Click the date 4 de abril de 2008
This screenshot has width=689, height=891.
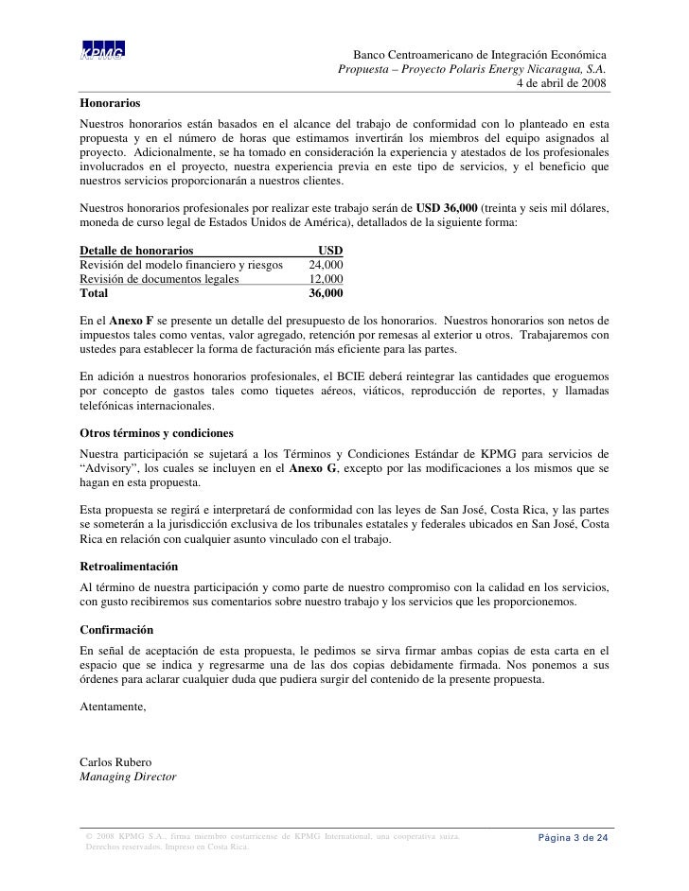(561, 83)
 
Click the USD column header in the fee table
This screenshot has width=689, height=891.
(330, 251)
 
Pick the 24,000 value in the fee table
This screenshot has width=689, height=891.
(327, 265)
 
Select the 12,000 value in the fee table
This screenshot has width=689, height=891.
(327, 279)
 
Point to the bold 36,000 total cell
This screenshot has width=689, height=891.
(327, 293)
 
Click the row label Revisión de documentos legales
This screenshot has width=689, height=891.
(160, 279)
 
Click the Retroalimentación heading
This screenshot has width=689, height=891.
(130, 567)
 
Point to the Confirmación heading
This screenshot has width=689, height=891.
(120, 629)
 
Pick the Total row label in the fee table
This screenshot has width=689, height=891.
(95, 293)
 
